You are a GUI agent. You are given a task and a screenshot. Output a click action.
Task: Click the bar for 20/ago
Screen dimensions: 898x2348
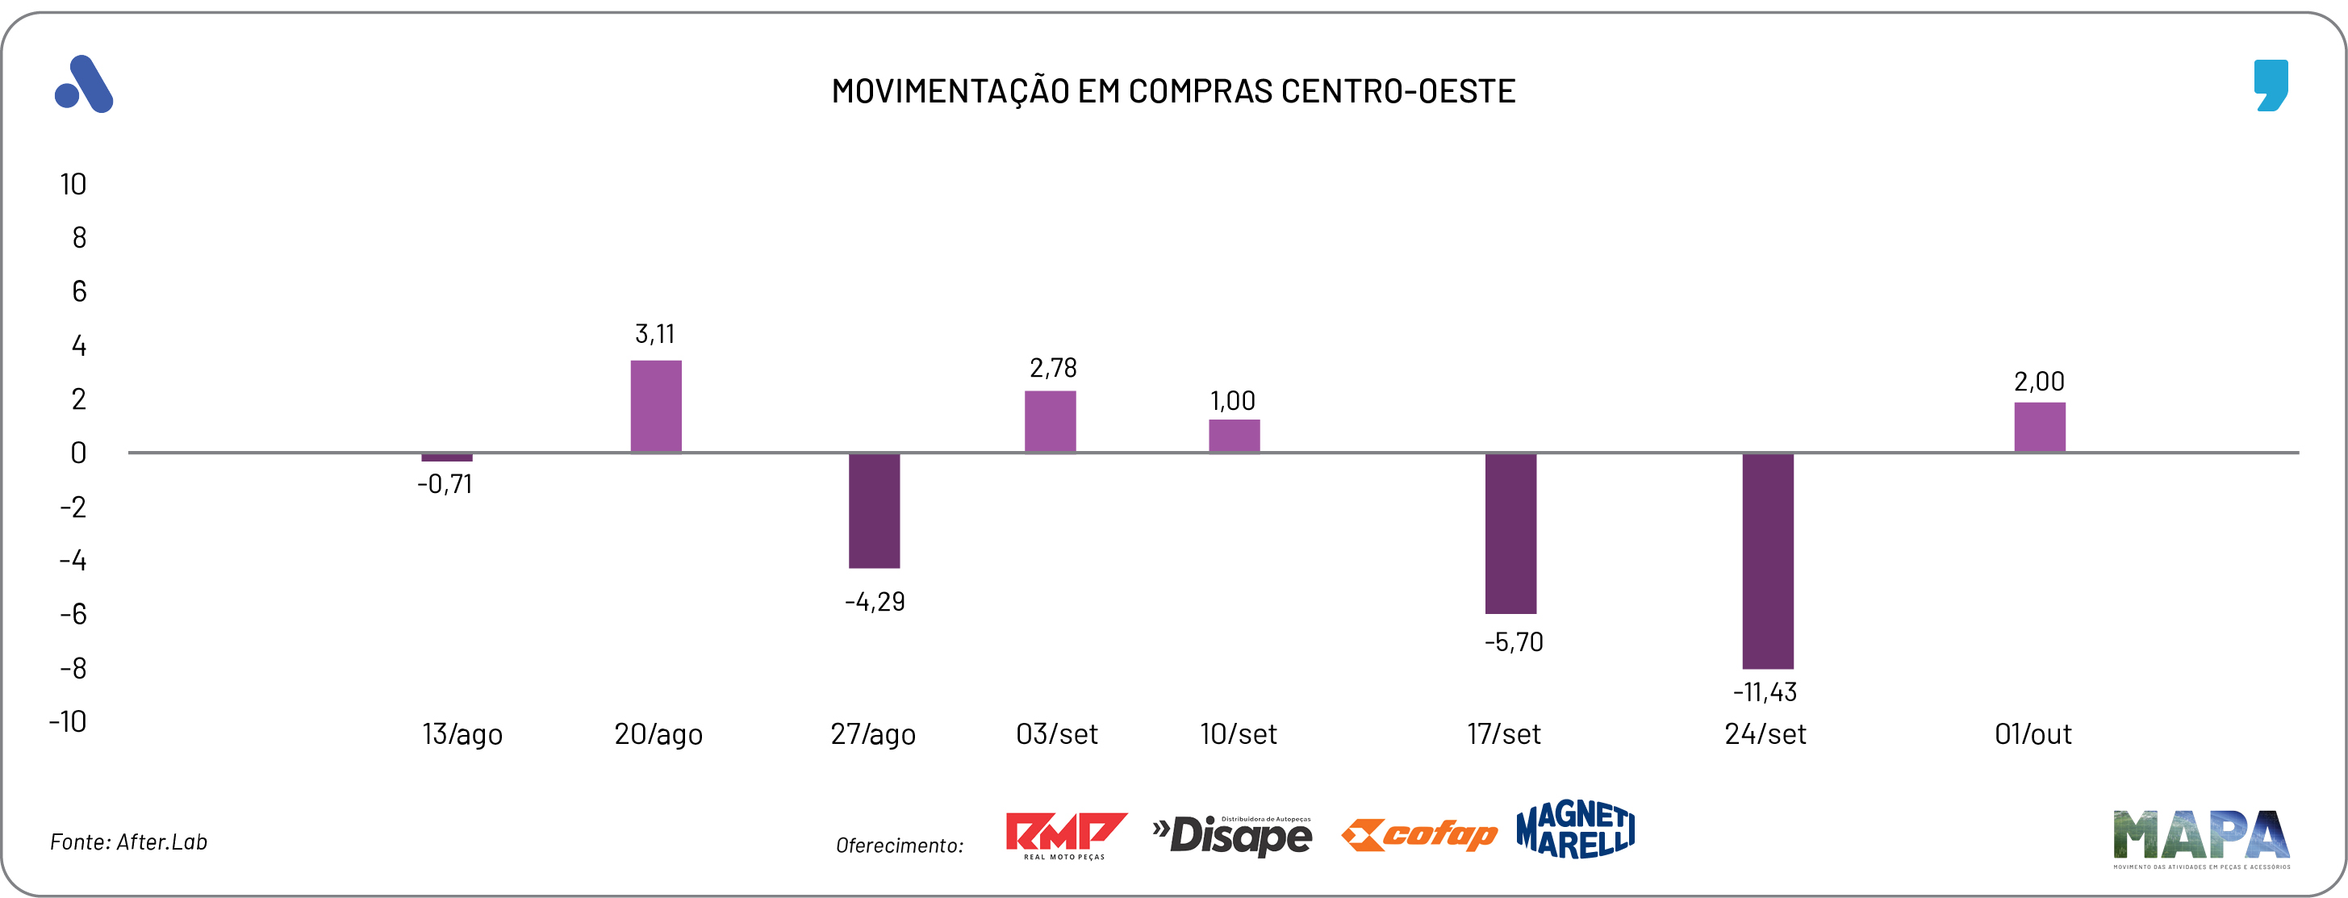[x=655, y=406]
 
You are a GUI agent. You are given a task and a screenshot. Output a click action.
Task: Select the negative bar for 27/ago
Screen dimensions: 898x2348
[x=873, y=511]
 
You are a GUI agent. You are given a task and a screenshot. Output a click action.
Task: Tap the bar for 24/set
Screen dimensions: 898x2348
[x=1767, y=561]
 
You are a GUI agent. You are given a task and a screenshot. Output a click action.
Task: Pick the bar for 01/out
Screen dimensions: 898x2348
[x=2039, y=427]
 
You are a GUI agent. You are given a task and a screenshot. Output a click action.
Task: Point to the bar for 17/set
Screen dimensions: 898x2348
[x=1510, y=533]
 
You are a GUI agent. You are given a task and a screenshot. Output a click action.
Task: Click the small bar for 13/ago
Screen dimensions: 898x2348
[x=447, y=457]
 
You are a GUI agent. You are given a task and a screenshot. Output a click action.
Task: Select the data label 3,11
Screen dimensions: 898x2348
[x=654, y=335]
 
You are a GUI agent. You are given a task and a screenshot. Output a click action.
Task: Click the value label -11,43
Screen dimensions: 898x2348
[x=1765, y=692]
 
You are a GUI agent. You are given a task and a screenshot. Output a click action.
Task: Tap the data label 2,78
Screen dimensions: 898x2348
[x=1053, y=368]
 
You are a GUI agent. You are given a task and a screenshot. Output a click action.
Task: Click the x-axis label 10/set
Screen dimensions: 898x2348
[x=1238, y=734]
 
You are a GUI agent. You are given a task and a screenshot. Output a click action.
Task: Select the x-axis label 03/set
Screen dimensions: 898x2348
[x=1056, y=734]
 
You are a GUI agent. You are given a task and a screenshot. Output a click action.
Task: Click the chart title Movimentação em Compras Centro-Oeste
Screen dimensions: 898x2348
[x=1173, y=91]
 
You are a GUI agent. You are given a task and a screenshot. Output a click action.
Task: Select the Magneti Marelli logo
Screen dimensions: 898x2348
[x=1575, y=829]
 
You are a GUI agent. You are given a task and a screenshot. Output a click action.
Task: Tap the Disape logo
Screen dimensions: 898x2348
[x=1231, y=835]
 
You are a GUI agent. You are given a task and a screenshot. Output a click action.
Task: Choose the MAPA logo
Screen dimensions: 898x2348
[x=2200, y=837]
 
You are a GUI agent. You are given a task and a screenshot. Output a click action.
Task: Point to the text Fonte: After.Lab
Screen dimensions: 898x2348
[x=128, y=842]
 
